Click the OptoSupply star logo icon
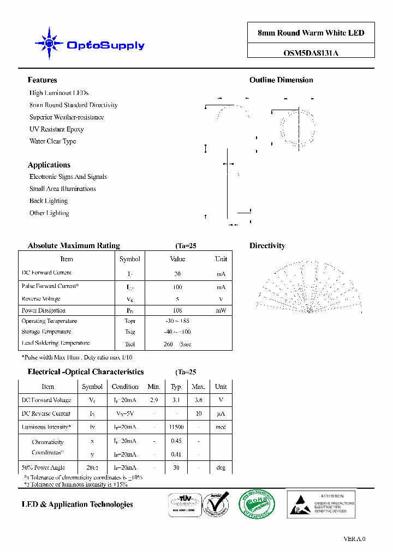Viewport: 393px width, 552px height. click(49, 43)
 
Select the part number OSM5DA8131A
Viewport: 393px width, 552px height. click(311, 53)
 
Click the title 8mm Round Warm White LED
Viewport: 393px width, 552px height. click(311, 33)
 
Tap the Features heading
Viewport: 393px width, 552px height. click(42, 80)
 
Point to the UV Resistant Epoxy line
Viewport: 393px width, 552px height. click(56, 129)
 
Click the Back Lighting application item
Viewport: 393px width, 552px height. click(49, 201)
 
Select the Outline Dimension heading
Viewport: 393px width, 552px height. click(281, 80)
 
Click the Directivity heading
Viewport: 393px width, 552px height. click(267, 246)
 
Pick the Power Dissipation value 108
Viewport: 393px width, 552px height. click(177, 310)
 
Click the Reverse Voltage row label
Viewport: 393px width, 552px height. click(41, 299)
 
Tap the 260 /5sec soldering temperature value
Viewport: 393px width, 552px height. click(177, 344)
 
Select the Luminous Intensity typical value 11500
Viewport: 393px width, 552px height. click(176, 427)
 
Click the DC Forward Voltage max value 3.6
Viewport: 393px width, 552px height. click(198, 400)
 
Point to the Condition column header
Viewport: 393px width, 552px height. click(125, 386)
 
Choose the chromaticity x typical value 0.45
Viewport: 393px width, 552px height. click(176, 441)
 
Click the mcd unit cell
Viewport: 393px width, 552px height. click(221, 427)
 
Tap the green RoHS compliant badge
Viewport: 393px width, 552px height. click(256, 503)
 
